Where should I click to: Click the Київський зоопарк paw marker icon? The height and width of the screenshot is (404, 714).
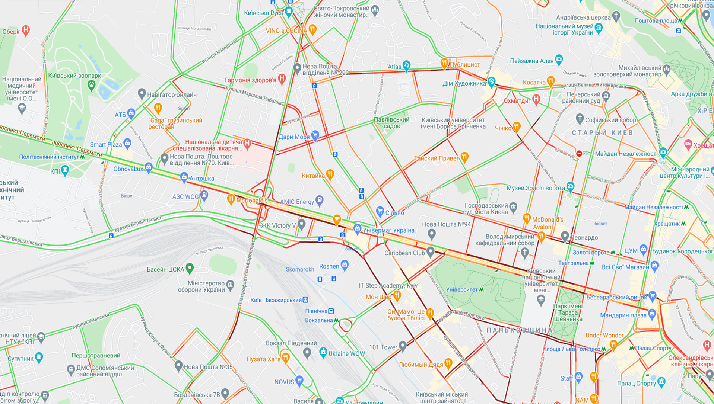coord(92,86)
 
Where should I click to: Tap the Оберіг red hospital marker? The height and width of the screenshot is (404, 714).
coord(26,30)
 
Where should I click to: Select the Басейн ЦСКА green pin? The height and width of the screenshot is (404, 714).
coord(190,268)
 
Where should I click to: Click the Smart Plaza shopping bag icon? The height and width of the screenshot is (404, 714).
coord(128,143)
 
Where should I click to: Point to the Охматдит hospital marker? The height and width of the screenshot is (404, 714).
coord(536,99)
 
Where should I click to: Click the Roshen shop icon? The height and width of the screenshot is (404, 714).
coord(345,265)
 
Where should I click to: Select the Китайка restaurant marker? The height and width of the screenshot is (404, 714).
coord(330,174)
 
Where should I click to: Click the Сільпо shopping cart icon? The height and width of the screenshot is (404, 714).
coord(380,211)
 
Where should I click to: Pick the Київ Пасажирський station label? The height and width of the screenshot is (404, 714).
coord(276,300)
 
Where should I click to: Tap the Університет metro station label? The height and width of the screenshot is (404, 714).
coord(462,289)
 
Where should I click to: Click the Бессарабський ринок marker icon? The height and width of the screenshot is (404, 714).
coord(652,296)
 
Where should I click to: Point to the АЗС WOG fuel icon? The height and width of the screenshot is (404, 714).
coord(204,195)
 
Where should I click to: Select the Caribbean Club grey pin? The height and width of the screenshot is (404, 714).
coord(431,252)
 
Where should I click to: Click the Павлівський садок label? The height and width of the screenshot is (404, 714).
coord(391,123)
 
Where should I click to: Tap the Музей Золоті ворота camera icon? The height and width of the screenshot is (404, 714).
coord(570,186)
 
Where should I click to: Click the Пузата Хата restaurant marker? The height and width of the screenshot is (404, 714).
coord(286,357)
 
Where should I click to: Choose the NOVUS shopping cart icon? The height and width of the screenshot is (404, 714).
coord(299,381)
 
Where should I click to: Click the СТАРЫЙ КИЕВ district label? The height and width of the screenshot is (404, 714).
coord(602,133)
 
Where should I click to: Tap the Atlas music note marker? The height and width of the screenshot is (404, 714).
coord(406,65)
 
